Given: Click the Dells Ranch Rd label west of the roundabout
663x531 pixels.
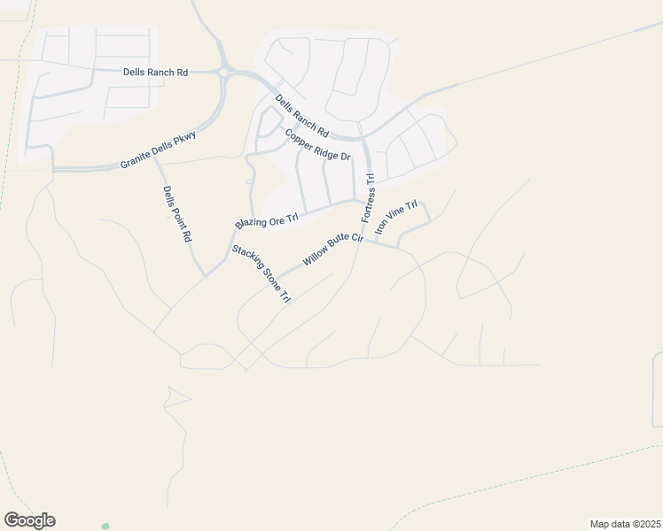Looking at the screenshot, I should [x=155, y=72].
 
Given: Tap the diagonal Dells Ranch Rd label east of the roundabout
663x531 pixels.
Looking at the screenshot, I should [x=301, y=116].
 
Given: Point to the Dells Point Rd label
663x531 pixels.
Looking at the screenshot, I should [x=177, y=213].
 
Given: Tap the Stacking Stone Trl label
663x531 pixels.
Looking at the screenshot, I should [x=261, y=274].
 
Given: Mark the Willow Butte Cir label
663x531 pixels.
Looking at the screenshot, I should [x=333, y=250].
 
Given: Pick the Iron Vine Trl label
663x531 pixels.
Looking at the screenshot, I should [x=395, y=218].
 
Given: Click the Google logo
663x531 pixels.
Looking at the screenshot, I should [x=29, y=520].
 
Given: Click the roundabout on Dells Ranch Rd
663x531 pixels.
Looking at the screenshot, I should [x=224, y=72].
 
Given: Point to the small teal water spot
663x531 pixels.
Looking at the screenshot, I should [x=105, y=526].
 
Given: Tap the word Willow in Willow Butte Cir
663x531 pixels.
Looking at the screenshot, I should [x=315, y=258].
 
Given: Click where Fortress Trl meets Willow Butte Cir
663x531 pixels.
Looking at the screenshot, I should [x=359, y=241].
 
